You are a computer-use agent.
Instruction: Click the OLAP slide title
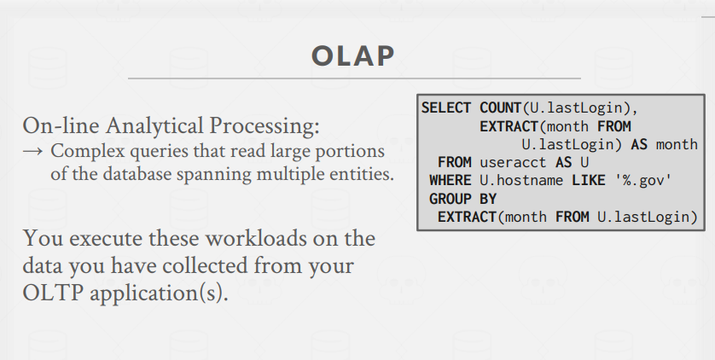coord(353,56)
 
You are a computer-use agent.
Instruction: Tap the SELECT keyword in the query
coord(446,108)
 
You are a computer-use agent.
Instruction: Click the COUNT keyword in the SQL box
coord(500,108)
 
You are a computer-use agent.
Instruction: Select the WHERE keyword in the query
coord(450,181)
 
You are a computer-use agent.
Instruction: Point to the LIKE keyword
coord(588,181)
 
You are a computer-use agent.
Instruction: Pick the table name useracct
coord(513,163)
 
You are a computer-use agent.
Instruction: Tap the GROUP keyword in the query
coord(450,199)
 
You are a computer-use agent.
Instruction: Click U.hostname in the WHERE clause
coord(521,181)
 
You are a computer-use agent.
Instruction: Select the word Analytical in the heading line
coord(154,126)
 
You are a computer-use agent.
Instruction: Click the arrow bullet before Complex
coord(32,151)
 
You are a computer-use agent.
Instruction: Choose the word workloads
coord(255,238)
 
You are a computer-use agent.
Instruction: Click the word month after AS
coord(677,144)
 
